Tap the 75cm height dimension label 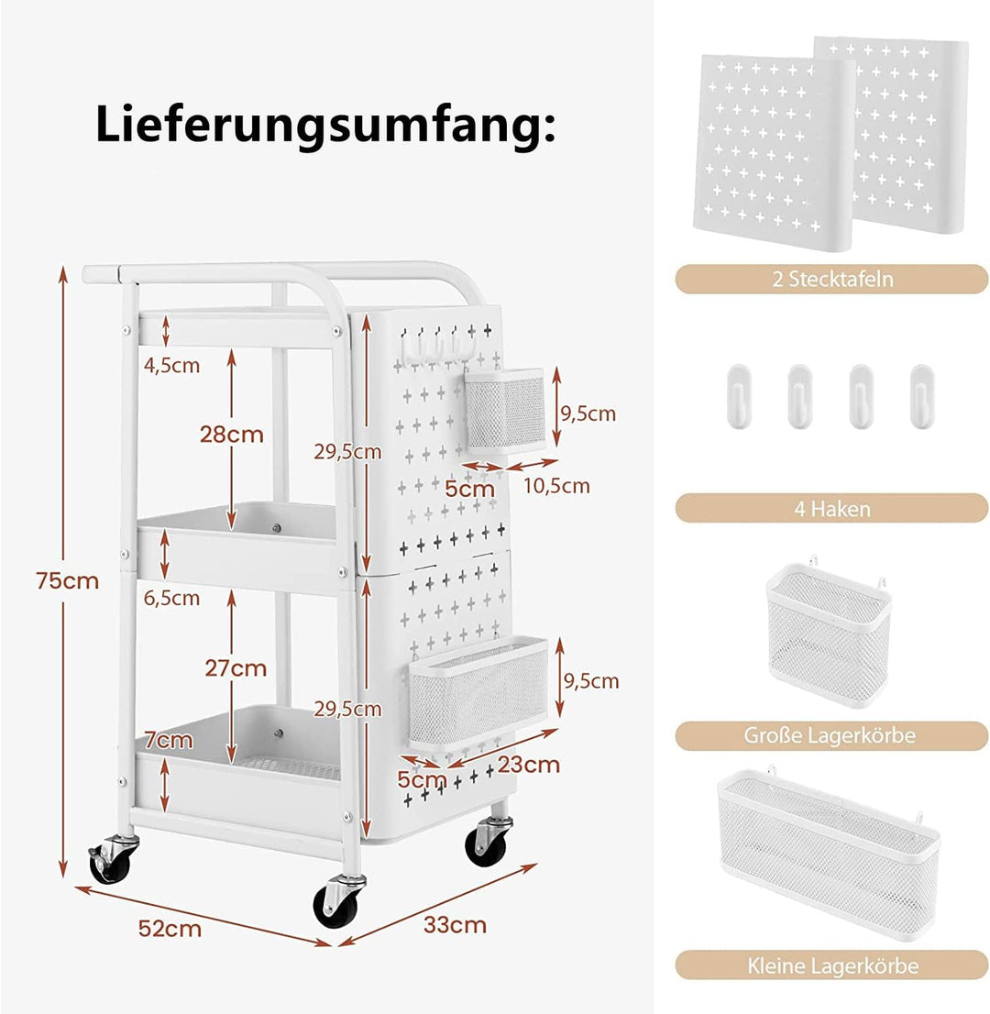click(68, 580)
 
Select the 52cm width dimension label click(170, 929)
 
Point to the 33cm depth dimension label click(455, 925)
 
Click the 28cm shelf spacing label click(232, 435)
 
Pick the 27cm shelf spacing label click(236, 668)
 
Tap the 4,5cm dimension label click(171, 366)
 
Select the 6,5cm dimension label click(171, 598)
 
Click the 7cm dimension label click(168, 740)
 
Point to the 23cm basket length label click(528, 765)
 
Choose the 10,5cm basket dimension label click(556, 486)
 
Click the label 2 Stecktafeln click(832, 280)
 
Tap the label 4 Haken click(832, 509)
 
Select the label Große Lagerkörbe click(830, 735)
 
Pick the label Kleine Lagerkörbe click(833, 966)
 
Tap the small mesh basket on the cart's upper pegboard click(506, 412)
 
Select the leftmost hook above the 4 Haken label click(738, 395)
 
